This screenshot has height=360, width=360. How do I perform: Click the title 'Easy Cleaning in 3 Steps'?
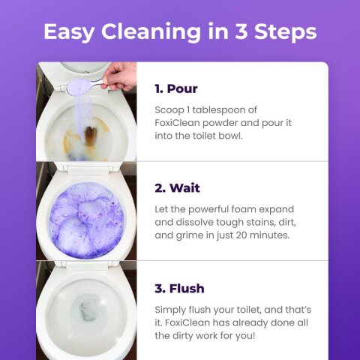[180, 32]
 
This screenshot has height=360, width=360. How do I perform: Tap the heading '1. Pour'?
[175, 88]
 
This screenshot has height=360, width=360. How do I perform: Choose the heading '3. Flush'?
[179, 288]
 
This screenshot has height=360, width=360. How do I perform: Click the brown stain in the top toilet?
[90, 137]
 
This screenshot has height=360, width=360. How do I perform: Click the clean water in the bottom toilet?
[89, 308]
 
